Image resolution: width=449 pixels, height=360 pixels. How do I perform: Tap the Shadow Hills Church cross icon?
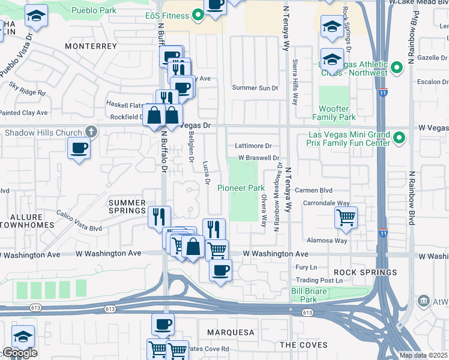[91, 131]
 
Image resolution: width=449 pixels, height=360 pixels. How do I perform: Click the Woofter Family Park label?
[334, 113]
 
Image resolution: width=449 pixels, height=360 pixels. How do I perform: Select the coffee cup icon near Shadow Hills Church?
[79, 148]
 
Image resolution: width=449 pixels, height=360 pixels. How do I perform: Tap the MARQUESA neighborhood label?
[231, 332]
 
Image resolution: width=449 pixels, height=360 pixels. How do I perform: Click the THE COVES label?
[304, 345]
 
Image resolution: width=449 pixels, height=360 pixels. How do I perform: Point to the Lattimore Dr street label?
[253, 146]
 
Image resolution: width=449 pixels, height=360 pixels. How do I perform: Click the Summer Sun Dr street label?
[255, 88]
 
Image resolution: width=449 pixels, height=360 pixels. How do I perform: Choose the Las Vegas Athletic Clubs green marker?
[396, 68]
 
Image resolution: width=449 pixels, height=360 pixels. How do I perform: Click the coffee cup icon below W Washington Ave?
[221, 269]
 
